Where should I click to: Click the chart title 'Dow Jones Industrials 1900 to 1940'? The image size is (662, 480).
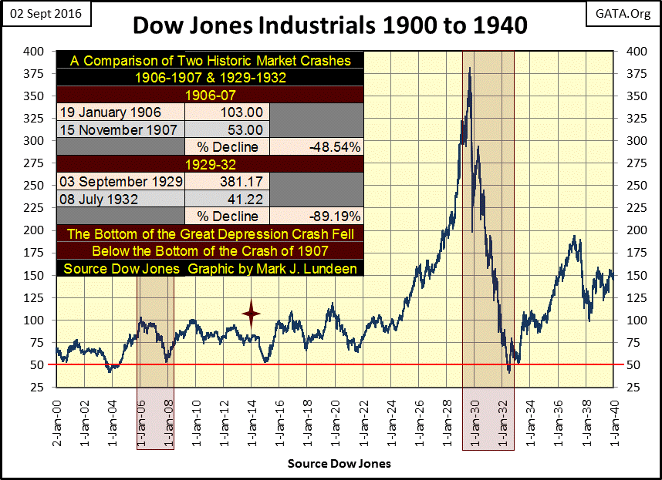[330, 25]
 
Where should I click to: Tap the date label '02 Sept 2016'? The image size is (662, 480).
[45, 14]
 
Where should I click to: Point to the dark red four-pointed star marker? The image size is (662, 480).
[251, 313]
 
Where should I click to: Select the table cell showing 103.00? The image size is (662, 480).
[225, 112]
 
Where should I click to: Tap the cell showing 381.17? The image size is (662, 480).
[225, 182]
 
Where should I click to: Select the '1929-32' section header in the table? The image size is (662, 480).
[210, 164]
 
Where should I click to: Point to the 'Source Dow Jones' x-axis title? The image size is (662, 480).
[339, 464]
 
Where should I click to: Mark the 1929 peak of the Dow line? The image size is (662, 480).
[470, 69]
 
